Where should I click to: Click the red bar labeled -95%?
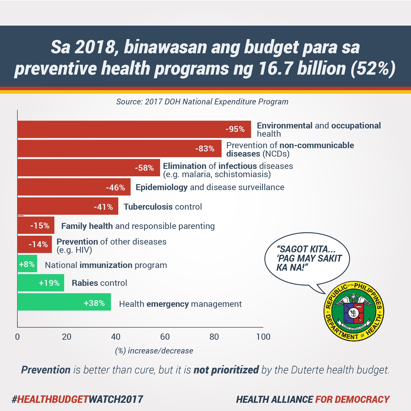click(x=134, y=129)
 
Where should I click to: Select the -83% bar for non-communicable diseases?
click(x=119, y=148)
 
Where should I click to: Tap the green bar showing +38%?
click(x=64, y=302)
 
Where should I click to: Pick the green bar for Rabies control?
click(x=41, y=283)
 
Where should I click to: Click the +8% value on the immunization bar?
click(x=27, y=264)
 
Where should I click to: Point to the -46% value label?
click(x=115, y=188)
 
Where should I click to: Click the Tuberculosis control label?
click(x=163, y=207)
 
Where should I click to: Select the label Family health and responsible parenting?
click(x=138, y=226)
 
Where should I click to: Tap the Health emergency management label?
click(x=180, y=304)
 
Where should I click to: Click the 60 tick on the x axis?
click(x=165, y=337)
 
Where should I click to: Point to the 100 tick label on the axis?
click(x=263, y=337)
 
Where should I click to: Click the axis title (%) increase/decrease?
click(x=154, y=351)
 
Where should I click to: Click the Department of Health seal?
click(x=354, y=311)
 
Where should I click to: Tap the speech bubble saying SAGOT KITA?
click(x=307, y=258)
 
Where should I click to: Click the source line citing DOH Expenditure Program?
click(x=202, y=102)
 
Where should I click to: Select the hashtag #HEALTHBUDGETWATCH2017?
click(x=77, y=399)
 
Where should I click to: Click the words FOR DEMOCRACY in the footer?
click(x=352, y=399)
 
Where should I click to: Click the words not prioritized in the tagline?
click(x=226, y=370)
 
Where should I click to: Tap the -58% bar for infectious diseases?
click(x=89, y=168)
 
